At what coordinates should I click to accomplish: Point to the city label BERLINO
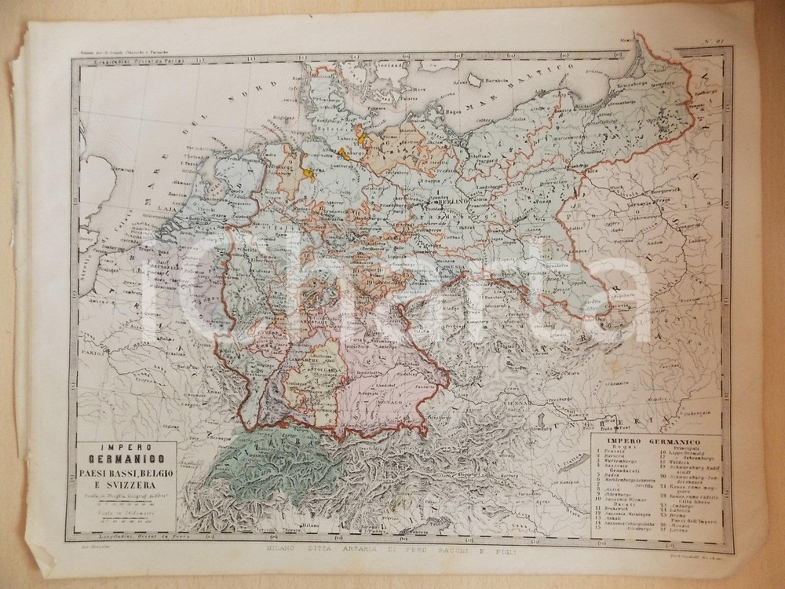click(x=445, y=203)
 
